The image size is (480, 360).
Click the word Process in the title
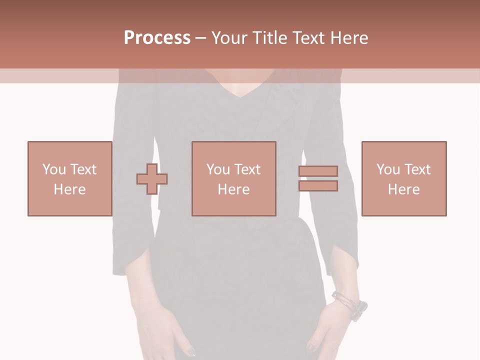(x=157, y=38)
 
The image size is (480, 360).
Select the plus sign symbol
(x=152, y=179)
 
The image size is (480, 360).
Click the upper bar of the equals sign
(x=318, y=171)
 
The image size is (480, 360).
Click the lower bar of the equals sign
(x=318, y=186)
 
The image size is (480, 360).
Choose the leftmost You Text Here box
(x=69, y=178)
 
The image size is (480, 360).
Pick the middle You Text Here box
(x=233, y=178)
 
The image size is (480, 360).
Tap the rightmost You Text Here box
(x=403, y=178)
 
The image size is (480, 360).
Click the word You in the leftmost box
(x=53, y=169)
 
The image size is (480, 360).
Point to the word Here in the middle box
(x=233, y=189)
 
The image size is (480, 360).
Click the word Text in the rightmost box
(x=417, y=169)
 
